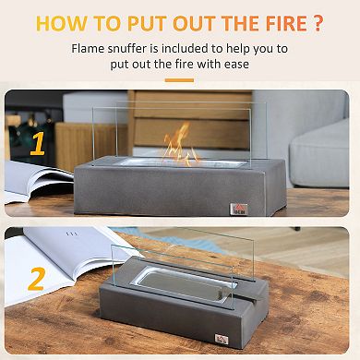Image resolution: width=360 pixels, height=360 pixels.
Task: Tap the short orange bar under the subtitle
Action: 179,81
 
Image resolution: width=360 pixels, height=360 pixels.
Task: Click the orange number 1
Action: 37,144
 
